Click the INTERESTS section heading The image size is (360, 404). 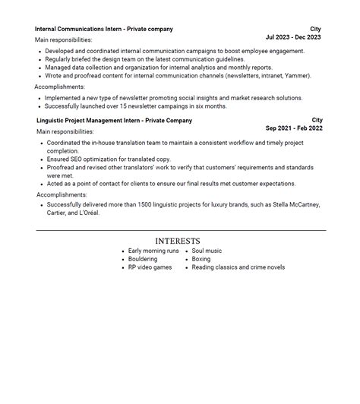coord(178,241)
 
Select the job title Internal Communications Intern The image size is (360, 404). coord(79,29)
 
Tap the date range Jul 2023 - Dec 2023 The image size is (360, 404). coord(293,37)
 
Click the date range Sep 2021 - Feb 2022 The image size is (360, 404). coord(294,128)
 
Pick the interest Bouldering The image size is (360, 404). coord(144,259)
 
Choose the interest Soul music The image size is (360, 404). coord(207,251)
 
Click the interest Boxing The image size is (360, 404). coord(201,259)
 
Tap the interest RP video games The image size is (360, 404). coord(150,267)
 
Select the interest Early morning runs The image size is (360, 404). coord(153,251)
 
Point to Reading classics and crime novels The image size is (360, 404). coord(238,267)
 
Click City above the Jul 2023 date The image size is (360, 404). coord(315,29)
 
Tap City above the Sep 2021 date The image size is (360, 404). coord(317,120)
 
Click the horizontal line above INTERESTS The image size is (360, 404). coord(180,230)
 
